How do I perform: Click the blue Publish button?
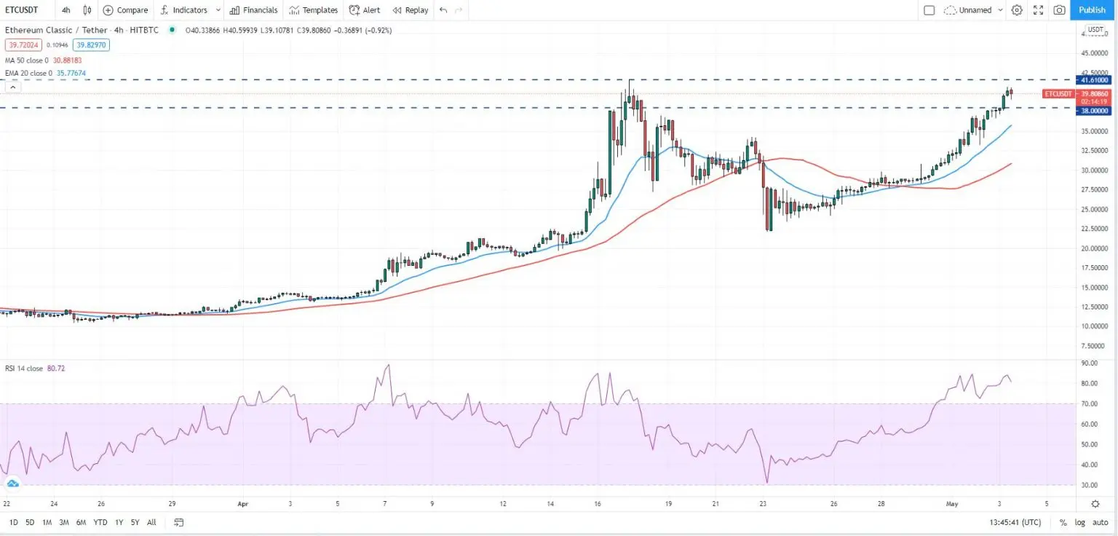point(1092,10)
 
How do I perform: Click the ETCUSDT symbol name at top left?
point(21,10)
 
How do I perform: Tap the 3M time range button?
point(64,522)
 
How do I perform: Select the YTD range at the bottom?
point(100,522)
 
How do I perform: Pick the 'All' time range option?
point(151,522)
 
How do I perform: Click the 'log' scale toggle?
point(1079,522)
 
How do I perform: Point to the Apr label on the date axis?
point(243,503)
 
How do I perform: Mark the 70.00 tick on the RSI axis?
point(1089,403)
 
